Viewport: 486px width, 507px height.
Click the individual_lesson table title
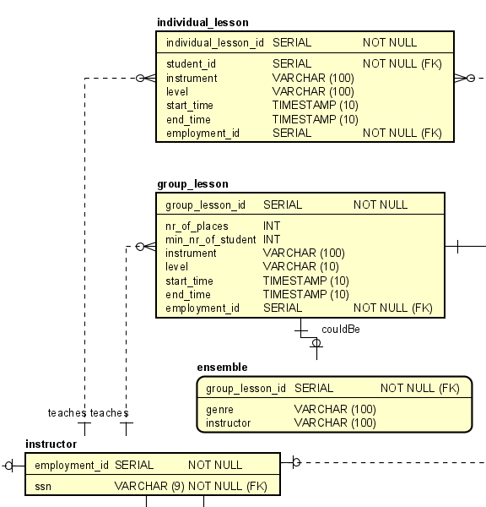click(202, 22)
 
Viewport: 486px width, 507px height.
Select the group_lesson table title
click(192, 183)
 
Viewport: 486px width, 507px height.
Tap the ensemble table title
click(222, 367)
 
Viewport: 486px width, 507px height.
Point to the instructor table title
click(51, 444)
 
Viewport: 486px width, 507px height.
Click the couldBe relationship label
click(341, 329)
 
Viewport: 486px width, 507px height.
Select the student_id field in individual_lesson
click(191, 63)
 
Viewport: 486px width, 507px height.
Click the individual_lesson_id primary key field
click(214, 42)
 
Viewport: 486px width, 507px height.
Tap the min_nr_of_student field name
click(210, 240)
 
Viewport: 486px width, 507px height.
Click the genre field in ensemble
click(220, 409)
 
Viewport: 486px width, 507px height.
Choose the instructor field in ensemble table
click(228, 422)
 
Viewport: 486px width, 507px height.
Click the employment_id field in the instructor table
click(71, 465)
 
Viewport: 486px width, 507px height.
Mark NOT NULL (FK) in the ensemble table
click(419, 388)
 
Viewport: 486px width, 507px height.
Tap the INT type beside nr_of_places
click(272, 226)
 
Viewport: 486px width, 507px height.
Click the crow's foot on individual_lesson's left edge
click(148, 78)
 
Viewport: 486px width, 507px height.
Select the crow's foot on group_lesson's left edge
click(147, 247)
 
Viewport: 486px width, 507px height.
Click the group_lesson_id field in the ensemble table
click(246, 388)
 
